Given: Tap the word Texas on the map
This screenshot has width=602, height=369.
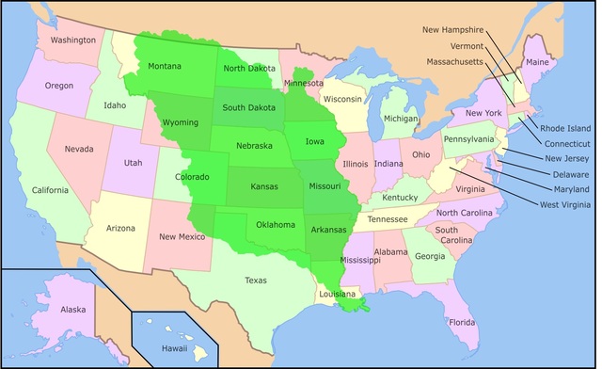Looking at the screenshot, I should [256, 281].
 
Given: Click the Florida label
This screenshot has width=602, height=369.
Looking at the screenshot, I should [462, 323].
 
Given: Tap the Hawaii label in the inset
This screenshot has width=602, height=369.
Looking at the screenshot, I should [172, 347].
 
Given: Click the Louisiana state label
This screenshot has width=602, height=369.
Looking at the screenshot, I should [338, 293].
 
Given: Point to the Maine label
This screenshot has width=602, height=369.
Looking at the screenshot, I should [538, 62].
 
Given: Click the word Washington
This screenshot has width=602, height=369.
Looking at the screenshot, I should [73, 40].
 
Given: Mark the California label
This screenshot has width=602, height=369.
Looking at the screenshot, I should [50, 190].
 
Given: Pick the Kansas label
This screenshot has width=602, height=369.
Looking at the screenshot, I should [264, 187].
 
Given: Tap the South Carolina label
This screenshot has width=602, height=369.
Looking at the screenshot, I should [447, 235].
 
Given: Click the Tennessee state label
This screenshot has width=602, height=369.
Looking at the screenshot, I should [388, 219].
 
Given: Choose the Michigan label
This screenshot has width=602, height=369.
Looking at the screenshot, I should [400, 120].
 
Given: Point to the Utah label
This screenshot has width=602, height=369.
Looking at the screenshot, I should [134, 163].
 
